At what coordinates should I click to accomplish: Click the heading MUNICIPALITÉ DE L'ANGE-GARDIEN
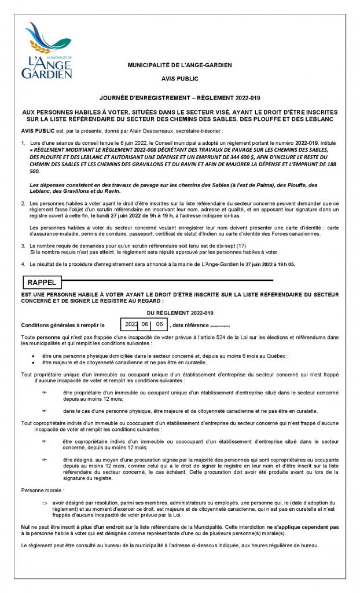(179, 65)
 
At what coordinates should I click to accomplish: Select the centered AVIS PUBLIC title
(179, 78)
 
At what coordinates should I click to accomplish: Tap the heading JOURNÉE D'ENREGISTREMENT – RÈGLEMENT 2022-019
(179, 99)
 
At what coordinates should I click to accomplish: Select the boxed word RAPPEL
(42, 283)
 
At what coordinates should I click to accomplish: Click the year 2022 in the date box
(132, 324)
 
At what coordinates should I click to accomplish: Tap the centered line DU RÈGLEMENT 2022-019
(179, 313)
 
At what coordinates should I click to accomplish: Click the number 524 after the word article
(201, 337)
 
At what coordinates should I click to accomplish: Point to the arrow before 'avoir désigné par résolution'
(44, 503)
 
